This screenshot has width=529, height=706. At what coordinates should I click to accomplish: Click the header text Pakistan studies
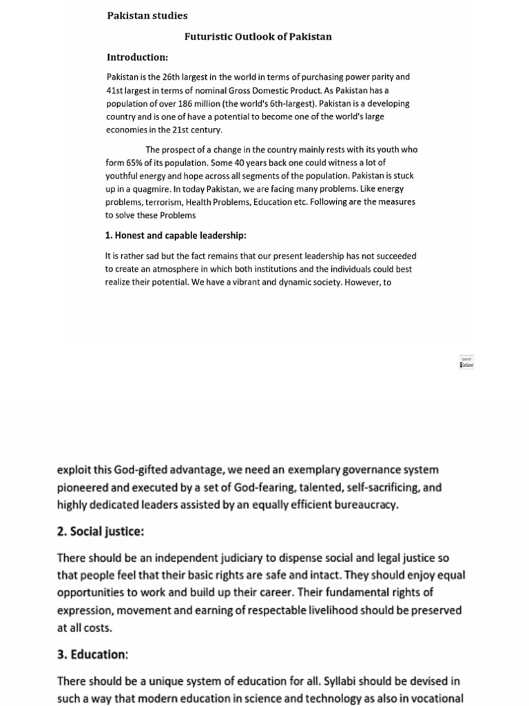[x=147, y=15]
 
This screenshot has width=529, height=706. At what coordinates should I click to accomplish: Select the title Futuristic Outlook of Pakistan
[x=258, y=37]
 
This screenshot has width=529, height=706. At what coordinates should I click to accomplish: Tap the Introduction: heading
[x=137, y=57]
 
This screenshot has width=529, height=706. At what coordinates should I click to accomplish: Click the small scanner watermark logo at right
[x=466, y=362]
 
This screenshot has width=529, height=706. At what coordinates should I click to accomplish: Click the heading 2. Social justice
[x=101, y=532]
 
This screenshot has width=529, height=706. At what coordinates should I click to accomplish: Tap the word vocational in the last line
[x=435, y=698]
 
